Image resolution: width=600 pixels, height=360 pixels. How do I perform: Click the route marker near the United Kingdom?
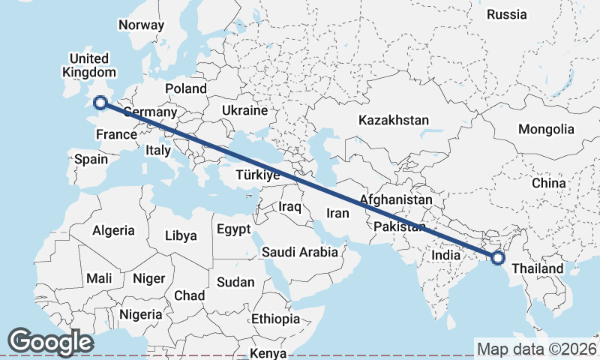(x=100, y=103)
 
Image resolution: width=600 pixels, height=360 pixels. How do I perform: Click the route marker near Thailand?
(x=497, y=258)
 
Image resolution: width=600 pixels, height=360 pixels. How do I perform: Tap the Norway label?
(x=141, y=25)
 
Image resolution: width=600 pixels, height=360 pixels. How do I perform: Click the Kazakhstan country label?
(x=393, y=120)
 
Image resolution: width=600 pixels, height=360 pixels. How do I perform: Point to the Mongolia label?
(x=545, y=129)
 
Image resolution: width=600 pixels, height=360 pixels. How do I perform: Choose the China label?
(x=548, y=183)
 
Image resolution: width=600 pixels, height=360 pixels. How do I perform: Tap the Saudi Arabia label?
(x=300, y=252)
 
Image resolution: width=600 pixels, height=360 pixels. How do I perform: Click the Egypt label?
(x=234, y=229)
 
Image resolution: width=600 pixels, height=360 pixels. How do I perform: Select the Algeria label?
(x=114, y=230)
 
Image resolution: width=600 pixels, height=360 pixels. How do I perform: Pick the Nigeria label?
(x=140, y=314)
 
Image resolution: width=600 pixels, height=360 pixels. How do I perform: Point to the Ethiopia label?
(x=275, y=319)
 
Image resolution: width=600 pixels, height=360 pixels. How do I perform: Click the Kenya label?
(x=268, y=352)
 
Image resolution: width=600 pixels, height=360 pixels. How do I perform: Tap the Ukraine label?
(x=244, y=110)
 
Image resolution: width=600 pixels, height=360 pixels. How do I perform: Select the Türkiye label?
(x=257, y=175)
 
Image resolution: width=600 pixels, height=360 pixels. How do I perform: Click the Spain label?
(x=91, y=159)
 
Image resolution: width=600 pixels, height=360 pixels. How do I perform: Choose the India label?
(x=445, y=255)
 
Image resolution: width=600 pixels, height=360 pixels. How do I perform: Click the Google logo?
(x=50, y=342)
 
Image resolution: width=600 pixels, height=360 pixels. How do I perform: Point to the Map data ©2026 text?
(x=537, y=349)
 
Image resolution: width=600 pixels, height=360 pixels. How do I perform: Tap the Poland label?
(x=185, y=88)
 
